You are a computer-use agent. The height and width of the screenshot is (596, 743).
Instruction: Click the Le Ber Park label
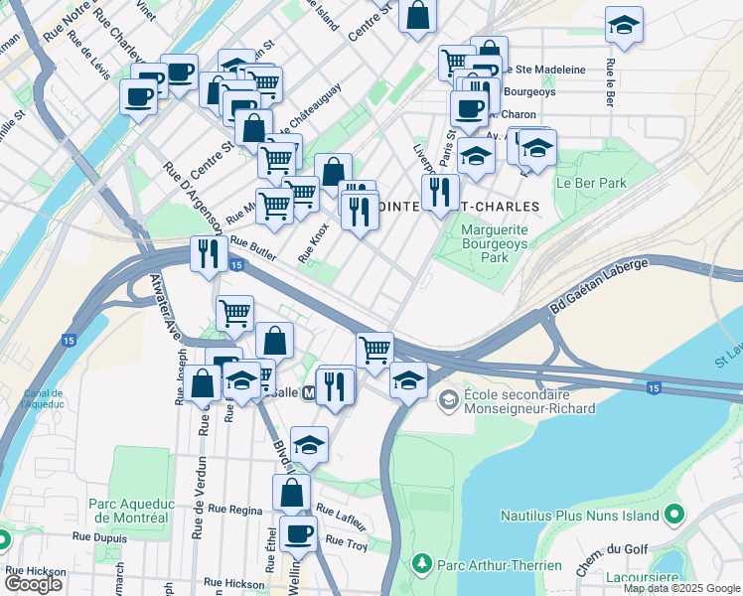click(x=591, y=183)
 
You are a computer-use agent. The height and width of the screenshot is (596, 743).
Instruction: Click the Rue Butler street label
click(x=253, y=248)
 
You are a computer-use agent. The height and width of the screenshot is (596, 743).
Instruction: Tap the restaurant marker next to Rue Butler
click(x=208, y=253)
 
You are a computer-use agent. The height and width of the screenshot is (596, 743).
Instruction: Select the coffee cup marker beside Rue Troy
click(x=298, y=534)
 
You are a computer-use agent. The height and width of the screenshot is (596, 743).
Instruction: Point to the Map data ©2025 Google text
click(x=680, y=588)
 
